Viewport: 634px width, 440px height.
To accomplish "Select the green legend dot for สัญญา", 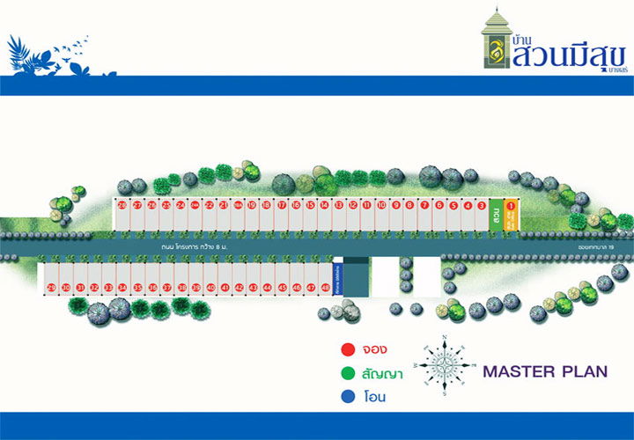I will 348,374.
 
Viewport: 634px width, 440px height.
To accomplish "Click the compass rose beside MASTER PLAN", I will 446,365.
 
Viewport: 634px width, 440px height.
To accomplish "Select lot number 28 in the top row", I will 122,206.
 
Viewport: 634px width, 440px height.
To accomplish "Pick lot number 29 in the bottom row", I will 51,288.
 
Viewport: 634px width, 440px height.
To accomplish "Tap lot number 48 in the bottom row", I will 325,288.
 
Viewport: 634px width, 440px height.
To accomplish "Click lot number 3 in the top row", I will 482,206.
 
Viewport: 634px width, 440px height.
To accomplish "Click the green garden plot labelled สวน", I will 497,215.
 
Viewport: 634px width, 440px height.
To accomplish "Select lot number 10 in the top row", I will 381,206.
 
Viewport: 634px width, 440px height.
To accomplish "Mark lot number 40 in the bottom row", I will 210,288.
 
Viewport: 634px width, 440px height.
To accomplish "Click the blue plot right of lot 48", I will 337,280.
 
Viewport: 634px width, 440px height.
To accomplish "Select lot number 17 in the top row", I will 281,206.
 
